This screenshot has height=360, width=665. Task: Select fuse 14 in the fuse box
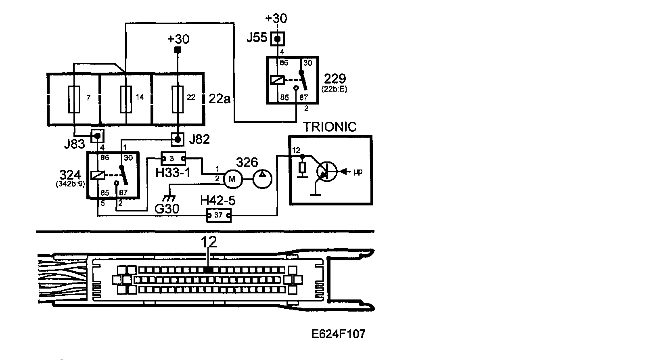[126, 99]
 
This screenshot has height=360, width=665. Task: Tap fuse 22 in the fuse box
[178, 99]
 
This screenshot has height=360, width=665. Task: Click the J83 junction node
[97, 136]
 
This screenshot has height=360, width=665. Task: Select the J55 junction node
[277, 39]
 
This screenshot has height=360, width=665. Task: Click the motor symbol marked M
[232, 179]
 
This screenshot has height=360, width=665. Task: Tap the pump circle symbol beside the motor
[262, 179]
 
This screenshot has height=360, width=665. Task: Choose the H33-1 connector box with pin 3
[173, 158]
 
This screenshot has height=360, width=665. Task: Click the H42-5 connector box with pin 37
[219, 216]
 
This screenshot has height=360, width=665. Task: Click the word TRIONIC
[330, 127]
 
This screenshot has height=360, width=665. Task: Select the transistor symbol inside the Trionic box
[327, 172]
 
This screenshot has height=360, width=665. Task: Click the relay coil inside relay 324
[98, 175]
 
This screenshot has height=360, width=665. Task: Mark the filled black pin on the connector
[208, 270]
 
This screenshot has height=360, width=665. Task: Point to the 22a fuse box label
[220, 98]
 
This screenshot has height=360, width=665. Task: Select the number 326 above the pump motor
[247, 163]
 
